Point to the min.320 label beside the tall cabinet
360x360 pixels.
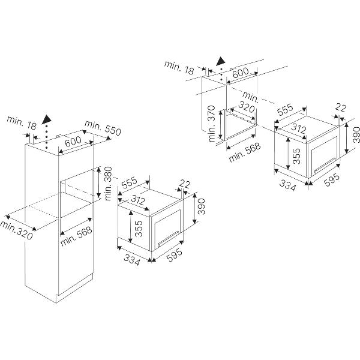pyautogui.click(x=17, y=230)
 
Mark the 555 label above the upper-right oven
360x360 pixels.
pyautogui.click(x=285, y=110)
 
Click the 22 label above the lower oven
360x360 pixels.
pyautogui.click(x=184, y=184)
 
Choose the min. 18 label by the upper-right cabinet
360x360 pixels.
pyautogui.click(x=180, y=68)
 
